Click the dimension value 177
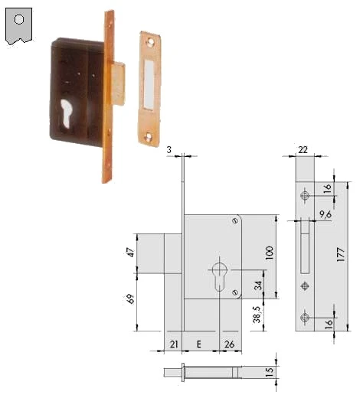[x=341, y=255]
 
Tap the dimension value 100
[x=269, y=253]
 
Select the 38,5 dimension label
[x=257, y=315]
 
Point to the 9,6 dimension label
[x=326, y=214]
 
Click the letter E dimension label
[x=199, y=344]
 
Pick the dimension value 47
[x=131, y=252]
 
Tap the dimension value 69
[x=131, y=299]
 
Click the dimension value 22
[x=303, y=150]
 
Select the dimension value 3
[x=169, y=149]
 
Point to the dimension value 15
[x=270, y=370]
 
